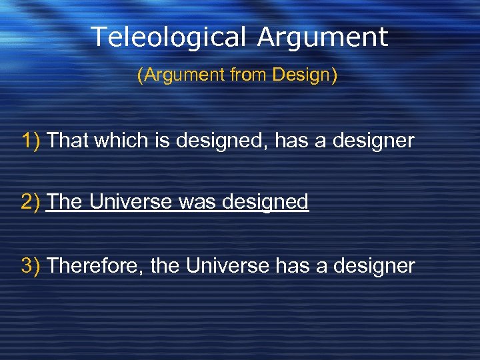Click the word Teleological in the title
click(x=171, y=37)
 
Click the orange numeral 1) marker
click(x=31, y=141)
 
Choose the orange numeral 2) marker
click(x=31, y=201)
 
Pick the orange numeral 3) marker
click(x=31, y=266)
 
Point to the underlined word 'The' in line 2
click(x=65, y=201)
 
